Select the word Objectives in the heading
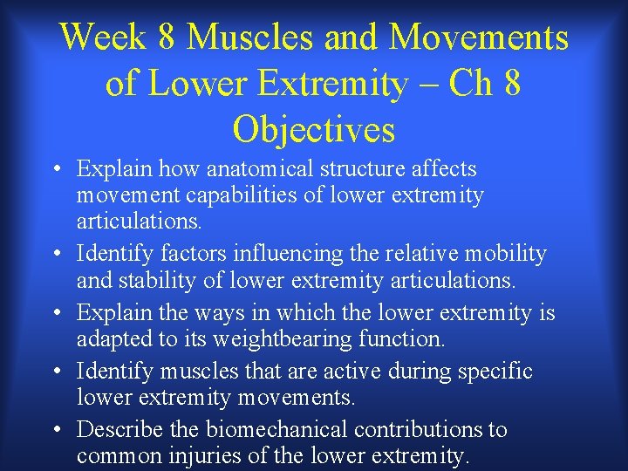[314, 130]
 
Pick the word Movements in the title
[479, 38]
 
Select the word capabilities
[249, 195]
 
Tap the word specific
[494, 372]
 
